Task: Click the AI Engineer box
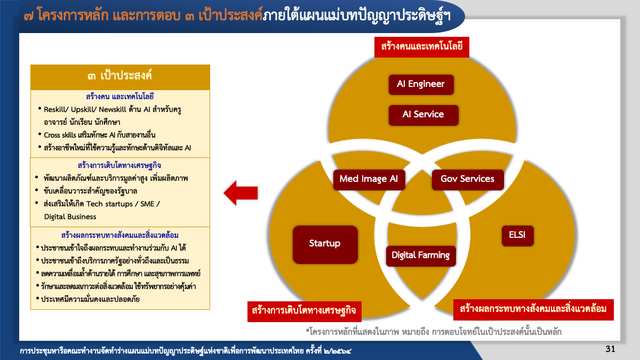coord(421,84)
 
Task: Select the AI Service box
coord(423,114)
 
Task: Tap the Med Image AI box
coord(369,179)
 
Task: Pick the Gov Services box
coord(467,179)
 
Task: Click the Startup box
coord(325,244)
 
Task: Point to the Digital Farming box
coord(421,255)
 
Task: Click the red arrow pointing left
coord(241,193)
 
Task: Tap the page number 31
coord(611,349)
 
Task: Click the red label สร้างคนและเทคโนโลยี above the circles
coord(421,47)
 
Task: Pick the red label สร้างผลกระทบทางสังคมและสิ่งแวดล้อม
coord(533,309)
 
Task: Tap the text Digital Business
coord(70,217)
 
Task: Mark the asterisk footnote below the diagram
coord(433,332)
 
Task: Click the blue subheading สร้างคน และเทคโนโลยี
coord(119,97)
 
